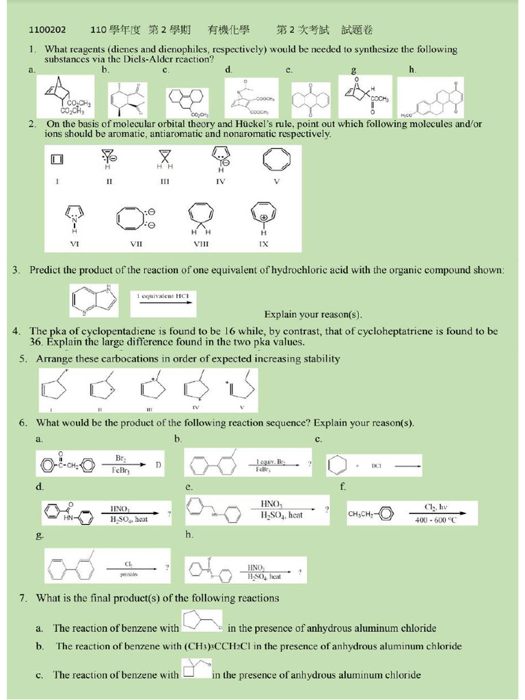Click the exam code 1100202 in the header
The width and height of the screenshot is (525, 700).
[x=47, y=30]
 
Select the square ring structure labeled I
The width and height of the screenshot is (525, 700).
[x=57, y=159]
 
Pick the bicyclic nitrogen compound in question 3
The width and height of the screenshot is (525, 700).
[x=94, y=301]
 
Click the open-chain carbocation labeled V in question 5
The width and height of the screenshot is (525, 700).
[x=241, y=388]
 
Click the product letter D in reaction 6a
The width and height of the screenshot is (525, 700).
[x=158, y=465]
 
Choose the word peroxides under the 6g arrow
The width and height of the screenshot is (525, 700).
[x=129, y=575]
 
